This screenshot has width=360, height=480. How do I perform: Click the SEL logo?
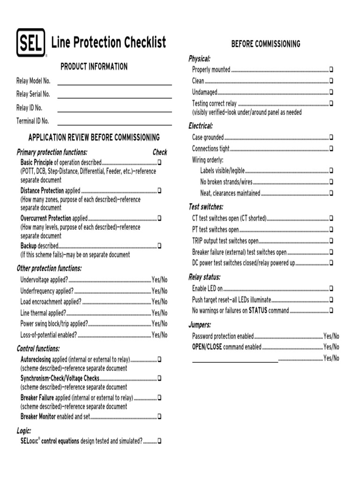coord(31,43)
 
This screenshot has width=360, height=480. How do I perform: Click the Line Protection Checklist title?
coord(108,43)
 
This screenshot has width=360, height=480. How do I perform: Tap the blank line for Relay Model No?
coord(114,82)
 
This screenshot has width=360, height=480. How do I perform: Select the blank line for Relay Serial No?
coord(114,95)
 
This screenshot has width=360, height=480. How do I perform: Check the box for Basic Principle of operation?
coord(159,162)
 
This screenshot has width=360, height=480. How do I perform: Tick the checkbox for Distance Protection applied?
coord(159,191)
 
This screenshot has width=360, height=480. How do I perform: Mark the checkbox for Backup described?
coord(159,246)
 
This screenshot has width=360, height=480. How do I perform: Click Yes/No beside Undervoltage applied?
coord(159,280)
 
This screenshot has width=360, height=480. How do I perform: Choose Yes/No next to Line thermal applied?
coord(159,313)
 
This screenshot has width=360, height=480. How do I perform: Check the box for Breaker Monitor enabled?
coord(159,416)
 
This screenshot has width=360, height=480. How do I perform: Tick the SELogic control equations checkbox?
coord(159,441)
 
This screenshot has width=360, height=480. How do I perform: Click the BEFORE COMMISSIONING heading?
coord(266,44)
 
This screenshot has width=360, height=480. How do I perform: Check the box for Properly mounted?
coord(331,69)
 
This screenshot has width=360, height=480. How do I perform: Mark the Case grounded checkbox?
coord(331,137)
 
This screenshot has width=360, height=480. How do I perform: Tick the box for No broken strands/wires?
coord(331,182)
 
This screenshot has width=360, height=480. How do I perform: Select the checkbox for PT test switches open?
coord(331,230)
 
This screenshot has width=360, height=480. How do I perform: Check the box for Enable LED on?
coord(331,288)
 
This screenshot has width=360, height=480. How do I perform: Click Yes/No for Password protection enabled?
coord(331,336)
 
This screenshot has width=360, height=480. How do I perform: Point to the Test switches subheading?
coord(206,207)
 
